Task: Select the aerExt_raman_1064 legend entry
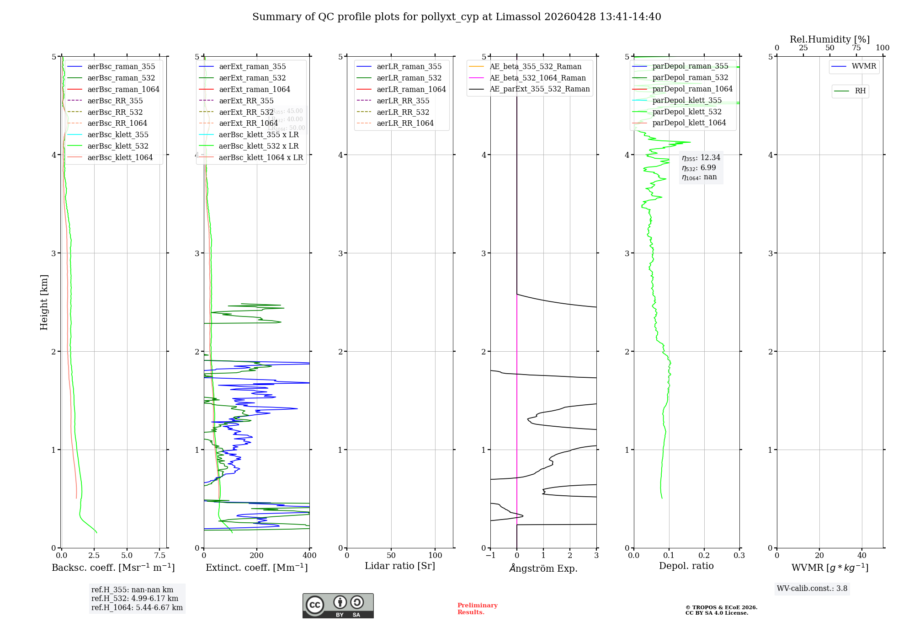tap(254, 89)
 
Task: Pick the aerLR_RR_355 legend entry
tap(403, 101)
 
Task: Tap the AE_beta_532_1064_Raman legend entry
tap(537, 78)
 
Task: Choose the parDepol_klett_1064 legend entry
tap(689, 123)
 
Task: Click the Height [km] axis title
tap(44, 302)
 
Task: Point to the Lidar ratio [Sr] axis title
tap(400, 566)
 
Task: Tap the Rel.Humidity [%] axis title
tap(829, 39)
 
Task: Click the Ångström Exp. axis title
tap(543, 568)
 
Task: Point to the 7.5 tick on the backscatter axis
tap(159, 556)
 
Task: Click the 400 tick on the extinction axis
tap(309, 556)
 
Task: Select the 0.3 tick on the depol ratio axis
tap(739, 556)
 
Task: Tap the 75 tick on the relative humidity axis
tap(856, 48)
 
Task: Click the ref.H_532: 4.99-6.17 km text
tap(134, 598)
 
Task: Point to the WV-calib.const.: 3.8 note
tap(812, 589)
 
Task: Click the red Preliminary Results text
tap(477, 609)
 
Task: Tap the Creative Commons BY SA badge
tap(338, 606)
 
